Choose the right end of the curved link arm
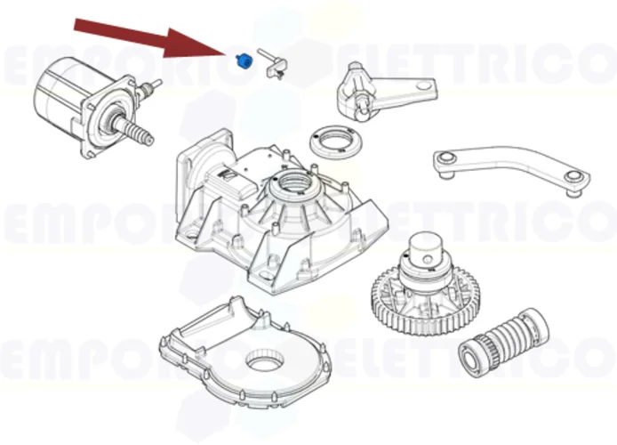[x=573, y=177]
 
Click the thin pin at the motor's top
[x=156, y=85]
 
